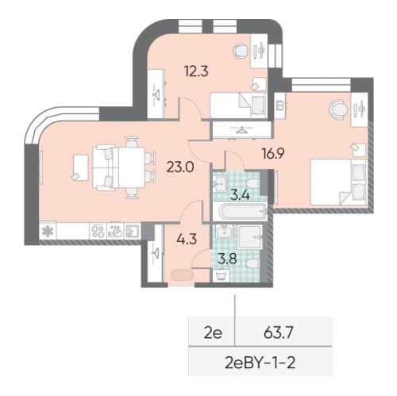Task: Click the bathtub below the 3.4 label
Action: (x=239, y=211)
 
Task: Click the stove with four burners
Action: (x=98, y=231)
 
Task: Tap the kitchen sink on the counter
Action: (x=134, y=231)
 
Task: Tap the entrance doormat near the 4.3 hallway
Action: (x=181, y=276)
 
